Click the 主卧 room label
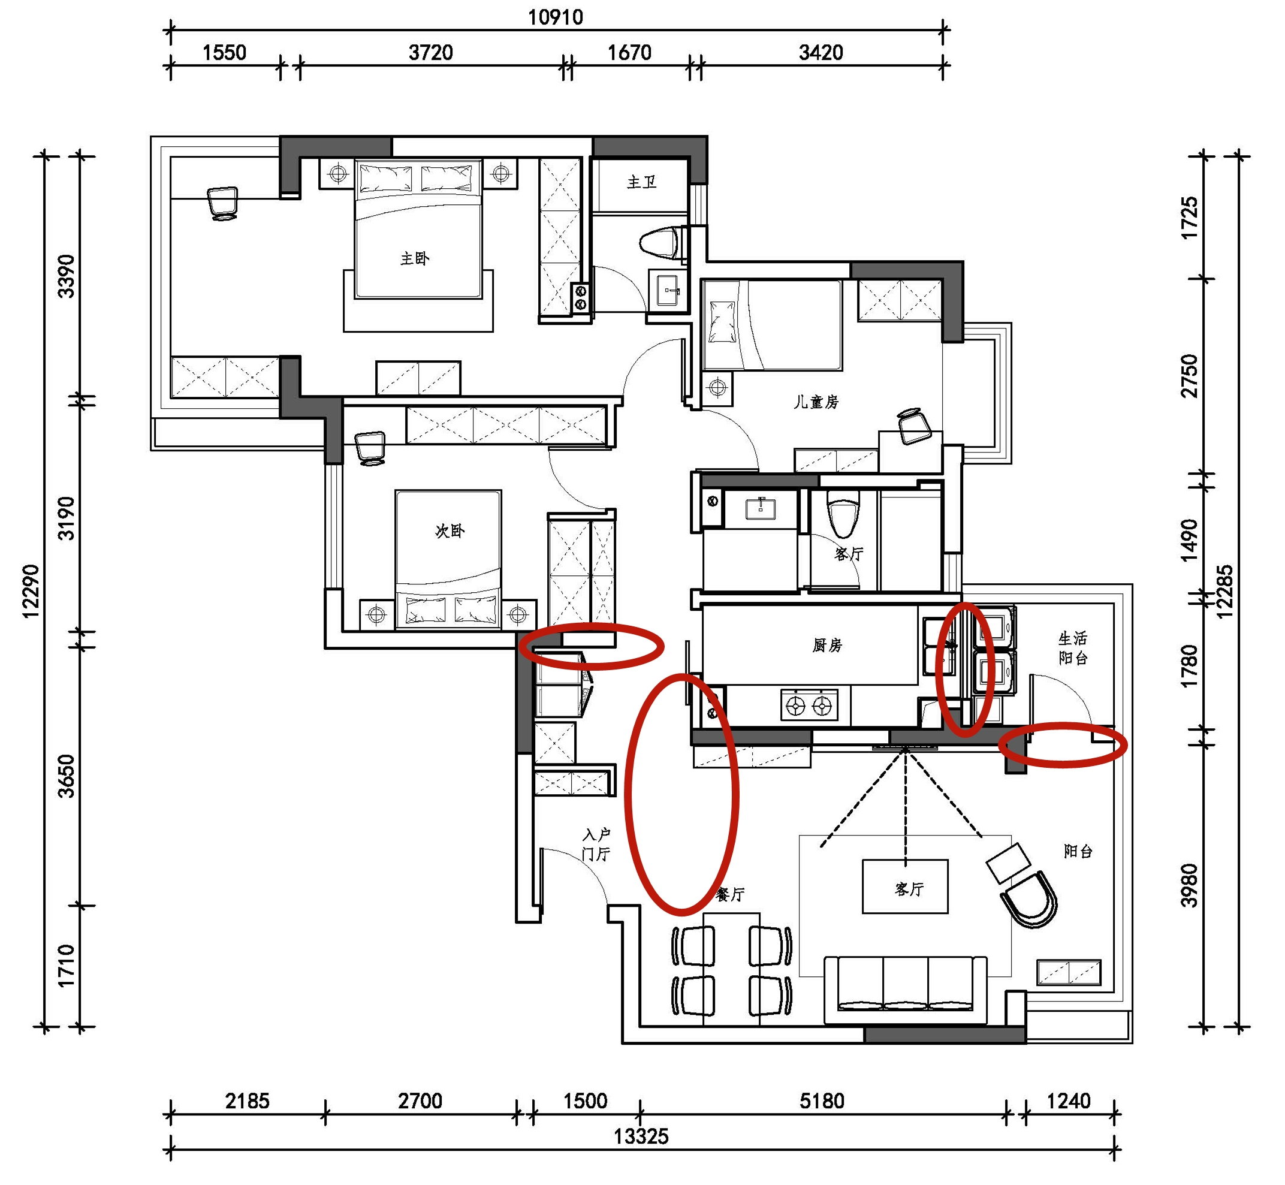click(415, 258)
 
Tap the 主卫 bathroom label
click(642, 183)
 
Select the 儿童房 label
click(816, 402)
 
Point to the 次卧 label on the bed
click(450, 530)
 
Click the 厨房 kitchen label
click(826, 645)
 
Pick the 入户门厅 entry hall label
click(596, 844)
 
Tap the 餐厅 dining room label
click(731, 894)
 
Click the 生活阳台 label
click(1073, 648)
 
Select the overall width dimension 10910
click(555, 17)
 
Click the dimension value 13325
click(641, 1136)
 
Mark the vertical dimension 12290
click(31, 591)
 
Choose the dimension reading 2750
click(1190, 376)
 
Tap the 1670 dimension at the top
click(630, 53)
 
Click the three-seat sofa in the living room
click(906, 990)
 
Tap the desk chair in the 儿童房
click(915, 426)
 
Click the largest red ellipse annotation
click(682, 794)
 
